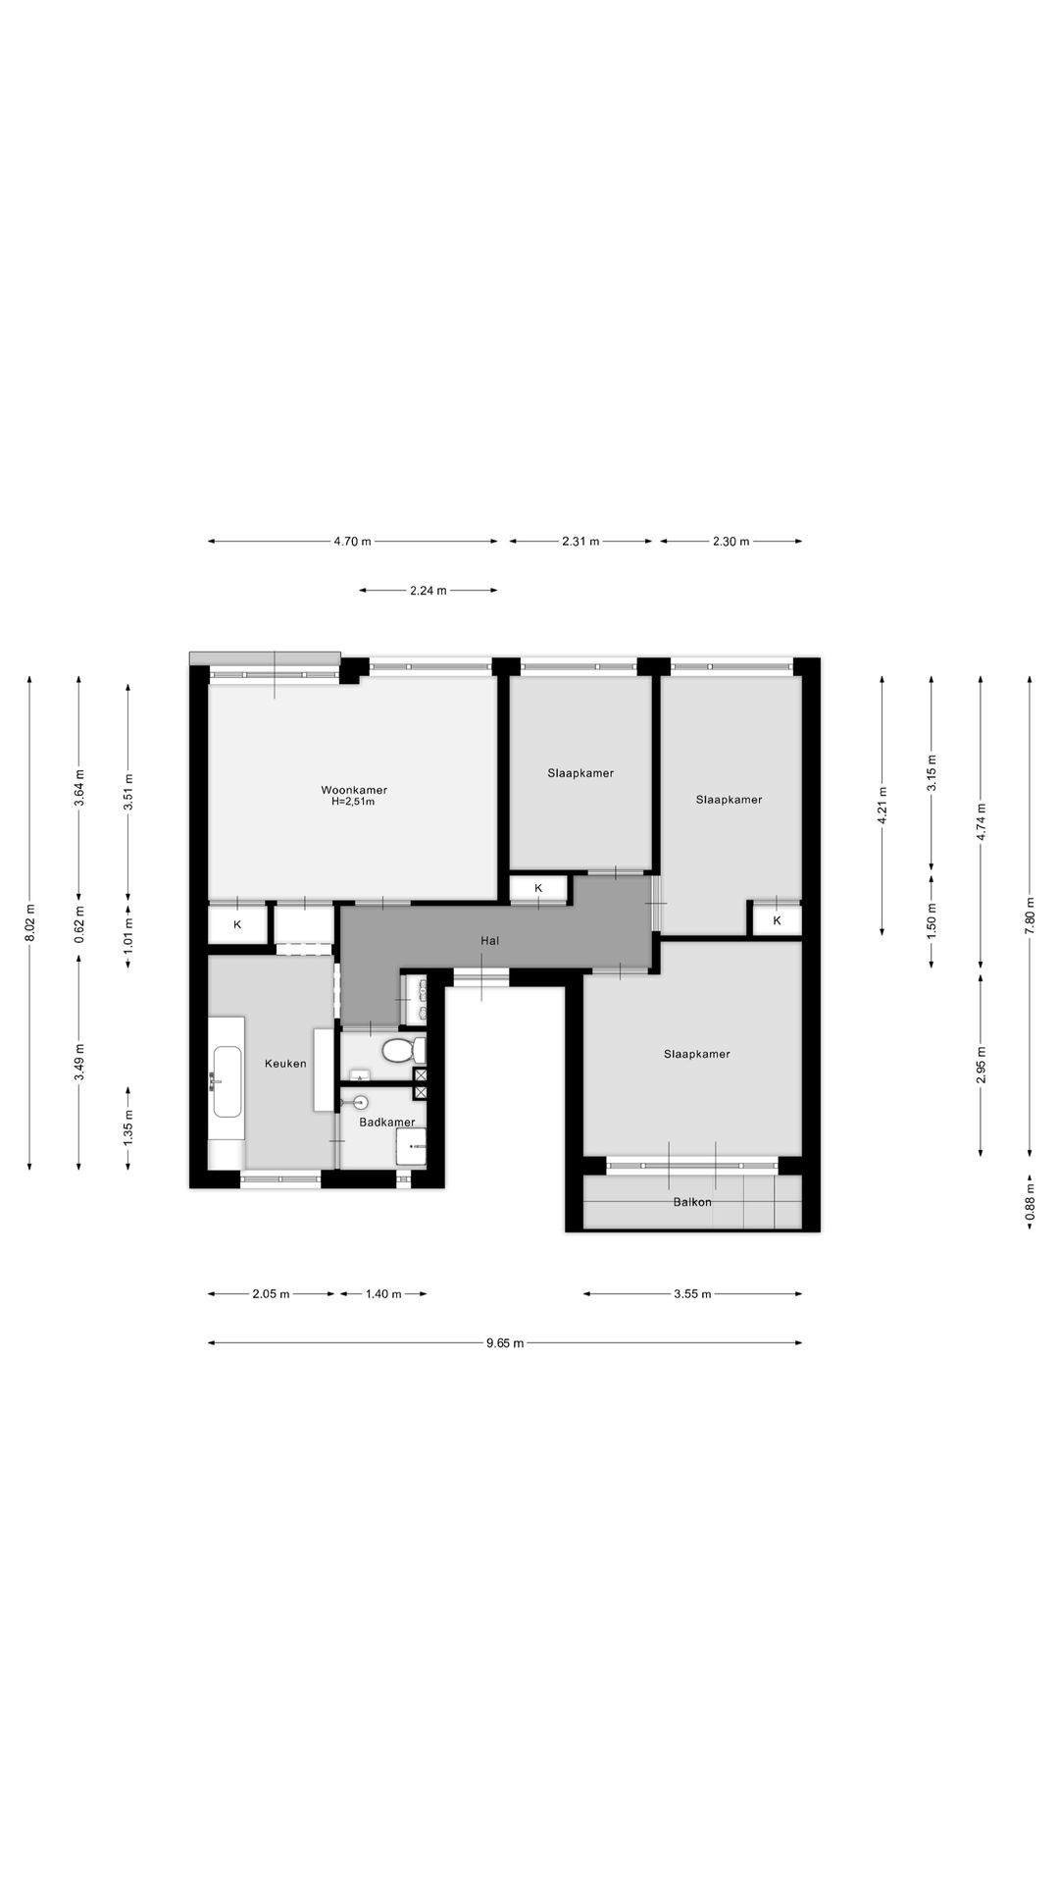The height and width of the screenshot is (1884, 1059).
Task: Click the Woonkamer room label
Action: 354,790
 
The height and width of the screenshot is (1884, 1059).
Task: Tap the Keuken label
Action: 285,1063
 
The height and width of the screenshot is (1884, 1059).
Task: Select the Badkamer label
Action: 386,1122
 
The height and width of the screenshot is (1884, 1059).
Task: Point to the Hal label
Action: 490,940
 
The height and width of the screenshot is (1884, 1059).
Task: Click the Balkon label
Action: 692,1201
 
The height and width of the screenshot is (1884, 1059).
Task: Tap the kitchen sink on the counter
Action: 227,1081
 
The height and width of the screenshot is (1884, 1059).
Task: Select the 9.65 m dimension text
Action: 505,1343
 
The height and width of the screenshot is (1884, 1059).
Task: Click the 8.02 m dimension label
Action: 29,922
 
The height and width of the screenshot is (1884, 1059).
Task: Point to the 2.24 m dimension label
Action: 428,591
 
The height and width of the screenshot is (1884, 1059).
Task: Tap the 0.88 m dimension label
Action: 1030,1203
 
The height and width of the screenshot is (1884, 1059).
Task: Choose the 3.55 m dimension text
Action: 692,1294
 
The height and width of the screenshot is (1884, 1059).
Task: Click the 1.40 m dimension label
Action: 382,1294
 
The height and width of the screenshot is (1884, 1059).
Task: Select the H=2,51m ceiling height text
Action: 354,802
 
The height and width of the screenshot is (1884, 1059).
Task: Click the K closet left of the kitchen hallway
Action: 237,923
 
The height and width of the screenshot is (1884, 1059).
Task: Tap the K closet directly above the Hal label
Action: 538,888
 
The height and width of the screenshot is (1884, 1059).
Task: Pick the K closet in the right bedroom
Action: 778,920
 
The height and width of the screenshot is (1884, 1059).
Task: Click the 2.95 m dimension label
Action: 981,1064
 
